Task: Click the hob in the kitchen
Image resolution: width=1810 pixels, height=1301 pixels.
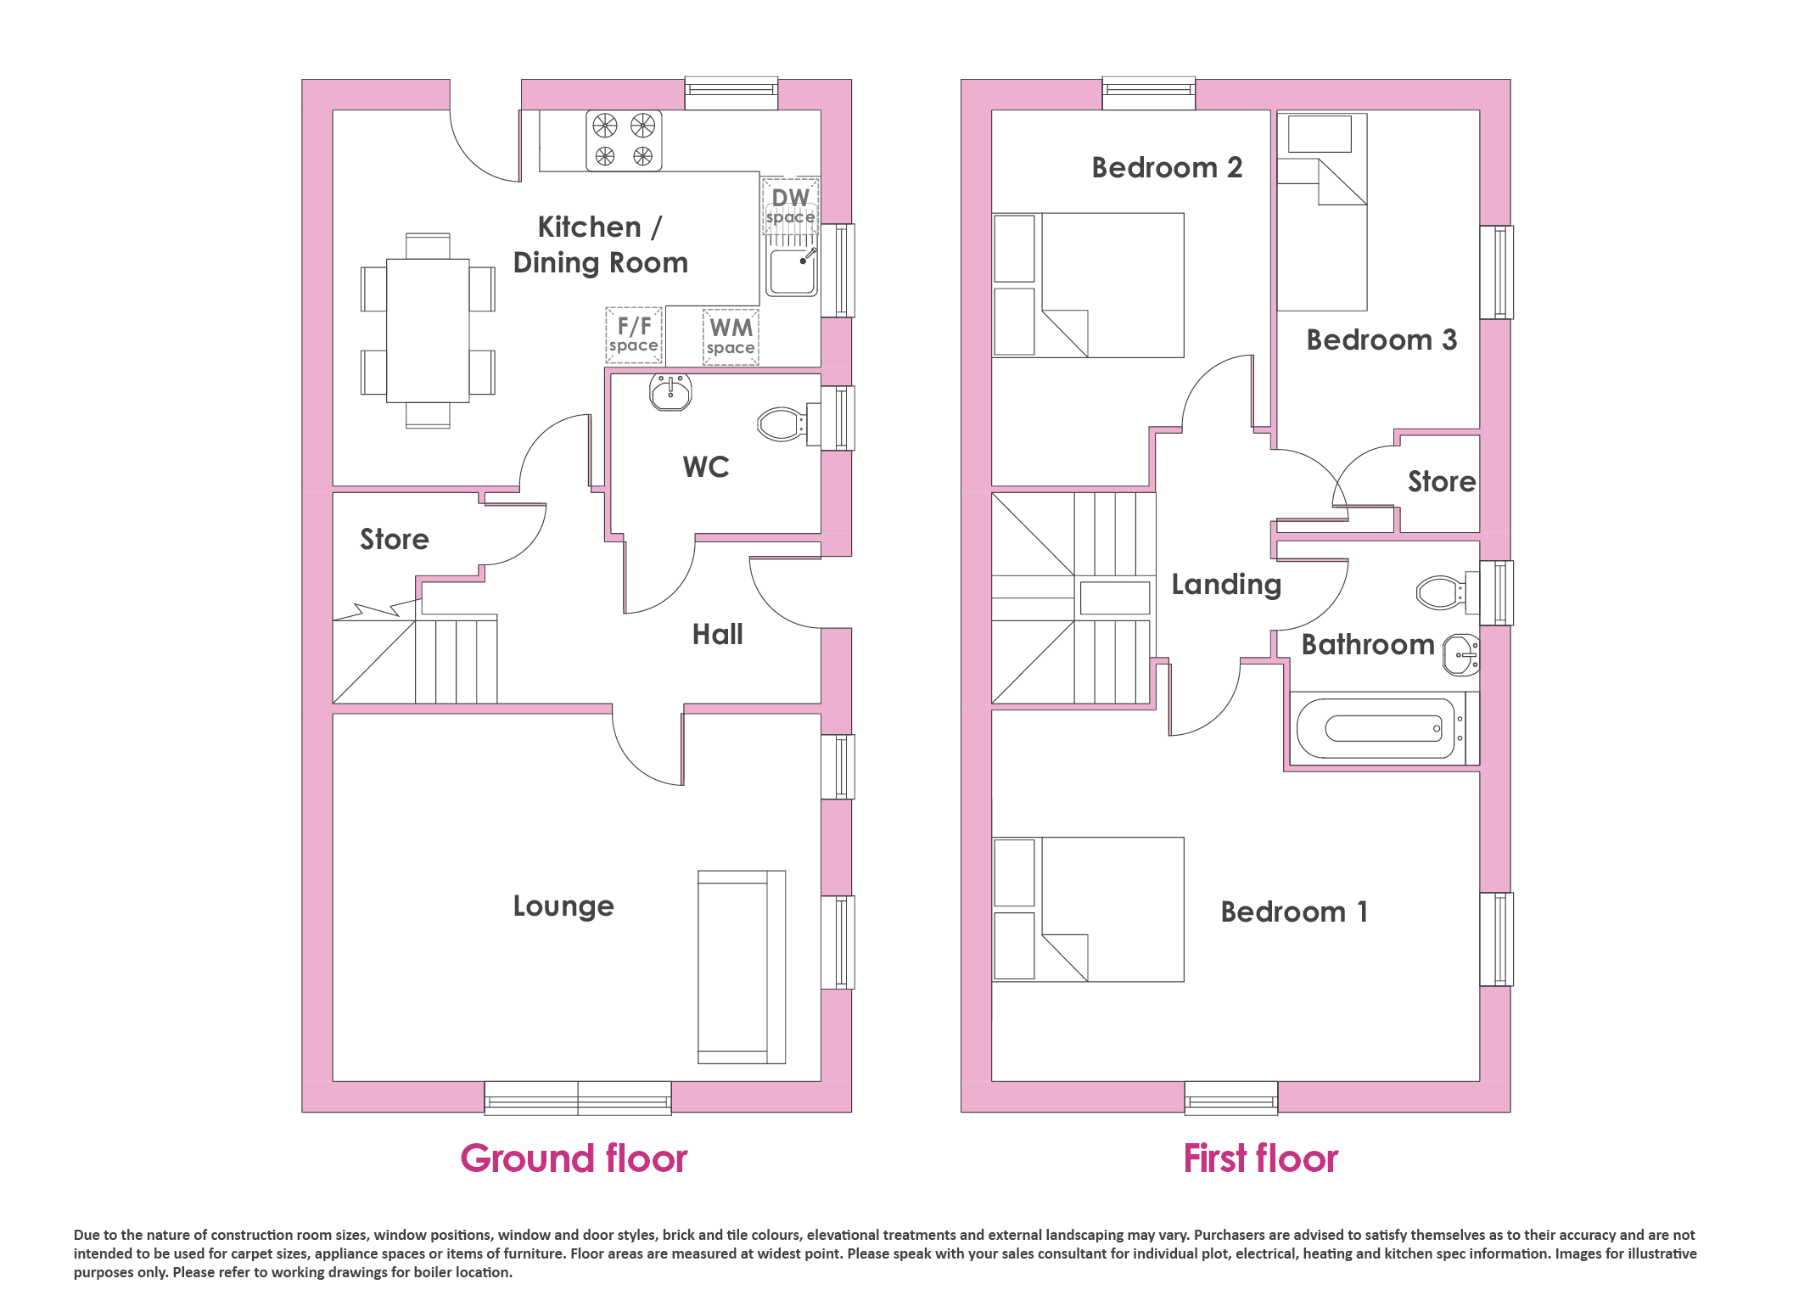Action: coord(624,141)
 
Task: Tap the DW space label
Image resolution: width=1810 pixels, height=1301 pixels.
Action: coord(790,206)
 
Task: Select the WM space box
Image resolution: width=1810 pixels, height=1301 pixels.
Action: coord(731,337)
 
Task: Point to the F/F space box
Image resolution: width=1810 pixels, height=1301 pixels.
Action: coord(634,335)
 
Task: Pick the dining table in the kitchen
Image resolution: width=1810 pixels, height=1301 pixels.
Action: coord(428,330)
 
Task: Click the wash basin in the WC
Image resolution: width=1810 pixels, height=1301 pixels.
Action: coord(670,393)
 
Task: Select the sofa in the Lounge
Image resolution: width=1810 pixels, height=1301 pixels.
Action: coord(742,967)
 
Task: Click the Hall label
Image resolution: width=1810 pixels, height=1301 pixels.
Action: coord(717,634)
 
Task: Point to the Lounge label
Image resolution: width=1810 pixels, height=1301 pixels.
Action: coord(563,906)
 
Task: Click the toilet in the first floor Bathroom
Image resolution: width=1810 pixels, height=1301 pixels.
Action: coord(1448,592)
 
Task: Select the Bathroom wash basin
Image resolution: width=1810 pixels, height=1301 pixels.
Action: coord(1461,655)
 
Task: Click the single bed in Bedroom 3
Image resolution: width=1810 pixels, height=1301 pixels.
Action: coord(1322,211)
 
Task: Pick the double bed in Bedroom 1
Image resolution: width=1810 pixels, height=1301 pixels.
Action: coord(1088,909)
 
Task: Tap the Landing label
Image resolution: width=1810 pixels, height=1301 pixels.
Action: coord(1226,585)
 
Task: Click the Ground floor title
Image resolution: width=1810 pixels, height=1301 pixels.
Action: coord(574,1158)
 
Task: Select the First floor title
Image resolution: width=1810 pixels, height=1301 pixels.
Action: coord(1261,1158)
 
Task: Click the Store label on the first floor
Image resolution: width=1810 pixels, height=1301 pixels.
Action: coord(1442,481)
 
